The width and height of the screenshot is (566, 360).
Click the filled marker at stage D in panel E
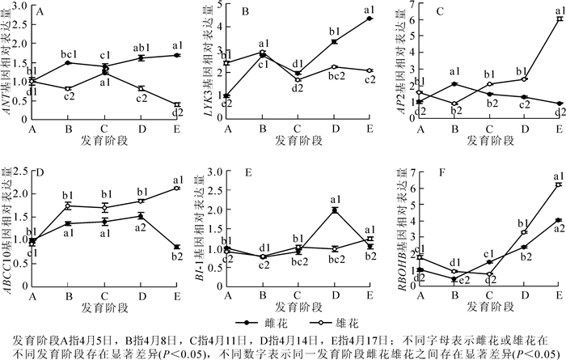click(x=335, y=210)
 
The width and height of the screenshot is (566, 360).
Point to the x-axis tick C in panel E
click(x=299, y=289)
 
